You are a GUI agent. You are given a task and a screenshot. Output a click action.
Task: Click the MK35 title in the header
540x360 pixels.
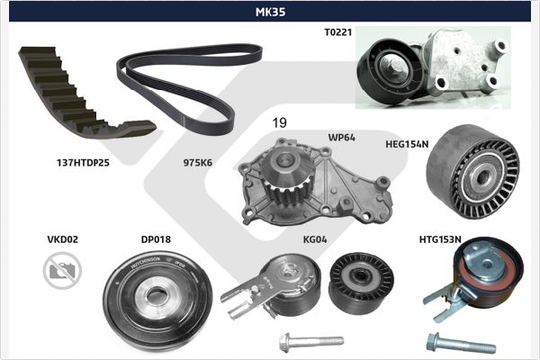click(270, 12)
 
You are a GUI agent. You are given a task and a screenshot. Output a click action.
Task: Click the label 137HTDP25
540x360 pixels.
click(83, 163)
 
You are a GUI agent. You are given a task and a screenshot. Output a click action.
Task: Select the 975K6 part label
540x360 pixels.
click(198, 163)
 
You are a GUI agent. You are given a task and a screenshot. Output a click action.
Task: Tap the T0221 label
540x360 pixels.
click(337, 32)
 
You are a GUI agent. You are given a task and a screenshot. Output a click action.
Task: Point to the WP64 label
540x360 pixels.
click(341, 138)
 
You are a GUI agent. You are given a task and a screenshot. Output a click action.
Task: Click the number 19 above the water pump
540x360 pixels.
click(279, 122)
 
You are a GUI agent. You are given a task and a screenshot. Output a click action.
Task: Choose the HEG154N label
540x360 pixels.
click(407, 144)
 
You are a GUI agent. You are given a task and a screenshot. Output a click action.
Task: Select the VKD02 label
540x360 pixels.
click(63, 239)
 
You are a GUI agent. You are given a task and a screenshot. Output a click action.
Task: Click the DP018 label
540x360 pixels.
click(156, 239)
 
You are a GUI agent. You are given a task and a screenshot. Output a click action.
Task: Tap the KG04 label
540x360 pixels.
click(315, 239)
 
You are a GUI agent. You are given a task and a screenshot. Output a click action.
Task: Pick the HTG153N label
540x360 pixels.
click(440, 239)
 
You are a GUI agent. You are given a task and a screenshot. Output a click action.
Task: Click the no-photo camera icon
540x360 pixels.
click(62, 270)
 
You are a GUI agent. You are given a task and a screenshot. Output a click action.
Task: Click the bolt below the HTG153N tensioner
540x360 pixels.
click(461, 344)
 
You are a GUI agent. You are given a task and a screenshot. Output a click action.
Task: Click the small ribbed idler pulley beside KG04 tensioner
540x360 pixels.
click(361, 283)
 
